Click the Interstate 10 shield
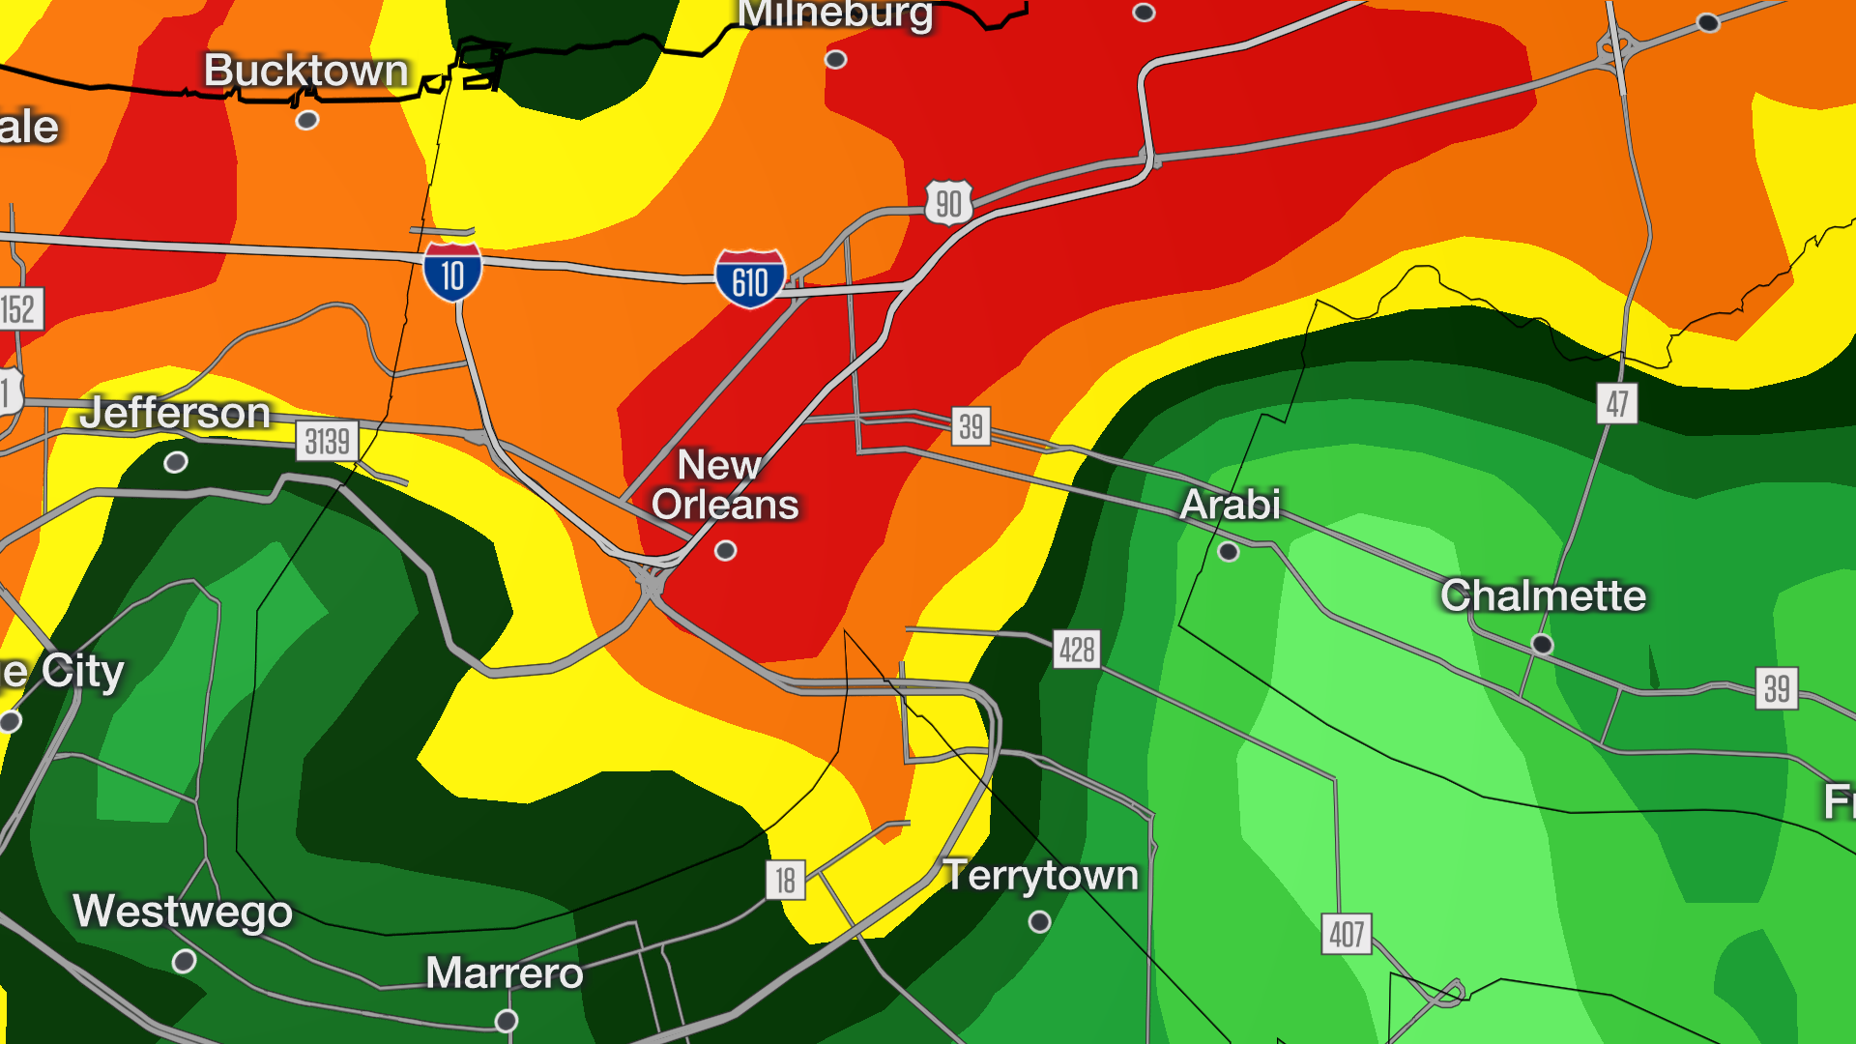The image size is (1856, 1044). [x=452, y=273]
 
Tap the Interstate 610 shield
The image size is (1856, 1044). [x=750, y=280]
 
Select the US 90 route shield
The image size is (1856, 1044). [x=948, y=203]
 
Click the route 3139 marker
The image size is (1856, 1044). [x=327, y=442]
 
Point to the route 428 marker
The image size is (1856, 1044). [x=1077, y=650]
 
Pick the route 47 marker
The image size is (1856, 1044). [x=1617, y=403]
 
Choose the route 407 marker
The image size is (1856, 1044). [x=1347, y=934]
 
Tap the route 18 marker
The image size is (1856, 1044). [x=785, y=880]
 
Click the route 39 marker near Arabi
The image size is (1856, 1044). [x=971, y=425]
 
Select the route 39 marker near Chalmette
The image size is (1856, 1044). [x=1777, y=688]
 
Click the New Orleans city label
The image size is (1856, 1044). [x=724, y=485]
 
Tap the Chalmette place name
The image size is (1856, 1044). [x=1543, y=595]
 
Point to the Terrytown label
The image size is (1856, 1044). [x=1040, y=875]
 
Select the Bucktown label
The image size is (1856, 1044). [x=306, y=71]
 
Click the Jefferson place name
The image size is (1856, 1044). [x=175, y=413]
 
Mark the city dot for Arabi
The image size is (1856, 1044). [x=1229, y=552]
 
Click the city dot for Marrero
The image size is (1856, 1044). [x=507, y=1021]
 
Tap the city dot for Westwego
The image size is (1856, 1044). [x=184, y=962]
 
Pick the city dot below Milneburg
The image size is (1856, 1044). [x=836, y=60]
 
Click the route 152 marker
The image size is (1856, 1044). [x=18, y=309]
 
